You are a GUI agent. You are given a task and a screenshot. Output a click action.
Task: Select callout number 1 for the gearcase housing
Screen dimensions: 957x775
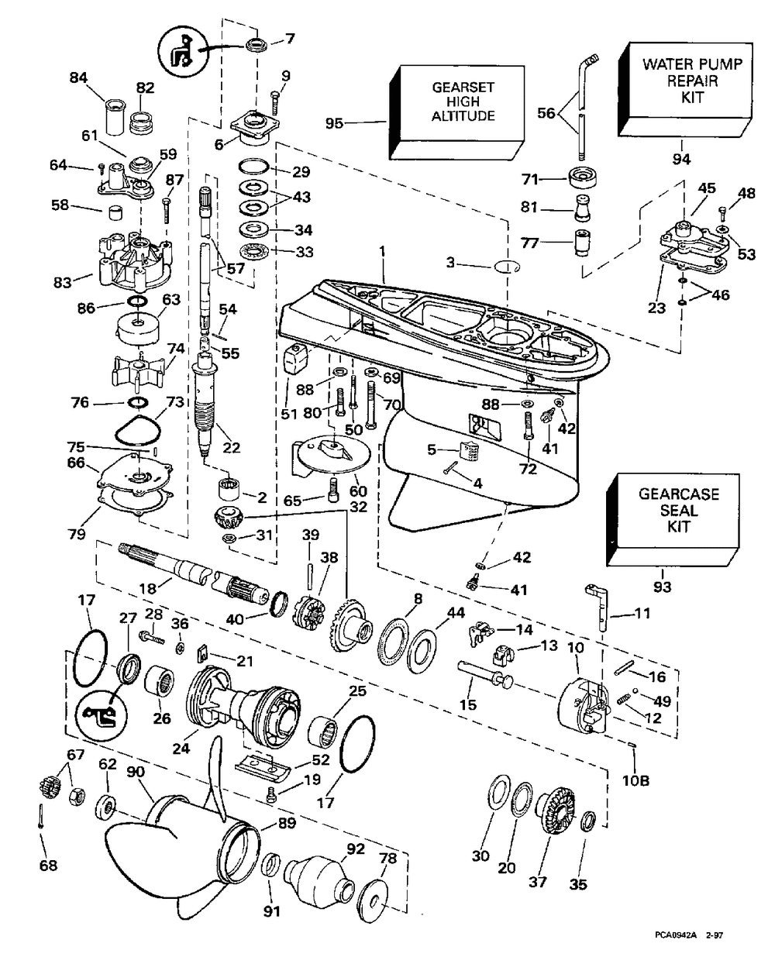pos(381,252)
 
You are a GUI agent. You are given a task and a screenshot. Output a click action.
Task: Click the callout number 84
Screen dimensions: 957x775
pos(78,77)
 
